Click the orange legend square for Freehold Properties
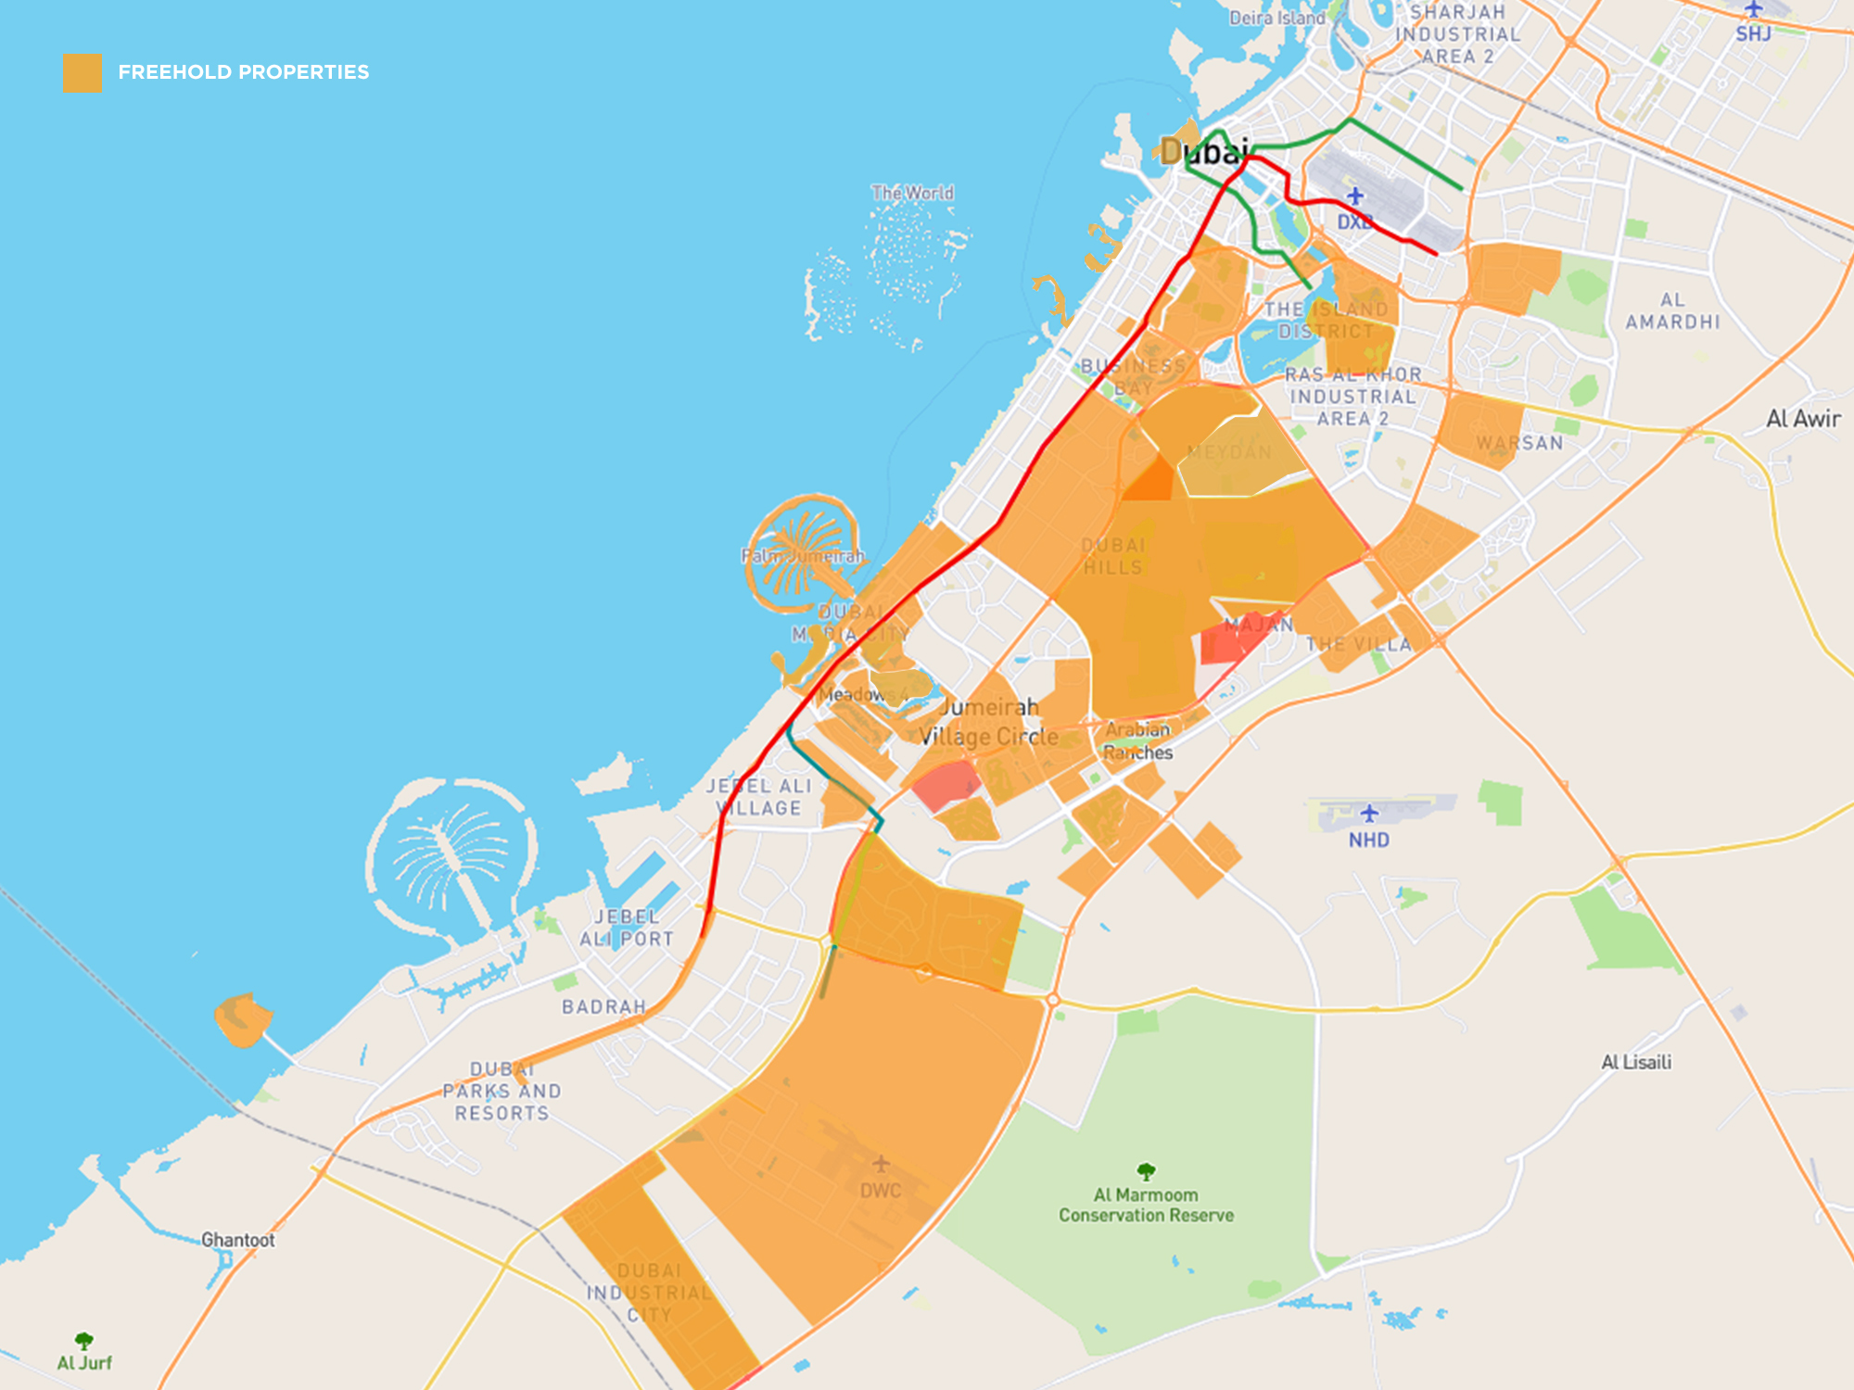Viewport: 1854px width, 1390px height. [82, 72]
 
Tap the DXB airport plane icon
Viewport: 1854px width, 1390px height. [1355, 196]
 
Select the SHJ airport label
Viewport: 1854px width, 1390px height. [1753, 34]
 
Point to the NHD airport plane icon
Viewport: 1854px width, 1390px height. [1369, 814]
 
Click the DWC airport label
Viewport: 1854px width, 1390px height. [880, 1191]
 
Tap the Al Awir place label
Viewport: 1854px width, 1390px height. [1803, 419]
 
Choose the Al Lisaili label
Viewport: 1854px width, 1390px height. [1636, 1062]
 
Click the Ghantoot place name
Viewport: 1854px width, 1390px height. [238, 1240]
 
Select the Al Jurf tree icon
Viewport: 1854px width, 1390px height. [84, 1340]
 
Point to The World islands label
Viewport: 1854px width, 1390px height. [912, 193]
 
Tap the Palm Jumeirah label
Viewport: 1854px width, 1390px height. [803, 556]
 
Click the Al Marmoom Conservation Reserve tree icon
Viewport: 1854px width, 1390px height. [1146, 1171]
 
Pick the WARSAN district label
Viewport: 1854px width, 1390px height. [1519, 443]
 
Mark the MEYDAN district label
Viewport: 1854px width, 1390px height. [1229, 452]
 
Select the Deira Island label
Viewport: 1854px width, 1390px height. [1276, 18]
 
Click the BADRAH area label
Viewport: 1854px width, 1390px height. [603, 1006]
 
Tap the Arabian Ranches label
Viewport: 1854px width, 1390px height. [1137, 741]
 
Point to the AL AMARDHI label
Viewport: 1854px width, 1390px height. [1672, 311]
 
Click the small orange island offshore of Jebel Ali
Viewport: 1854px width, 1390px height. [243, 1019]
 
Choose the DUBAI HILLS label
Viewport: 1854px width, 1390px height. [1113, 556]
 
